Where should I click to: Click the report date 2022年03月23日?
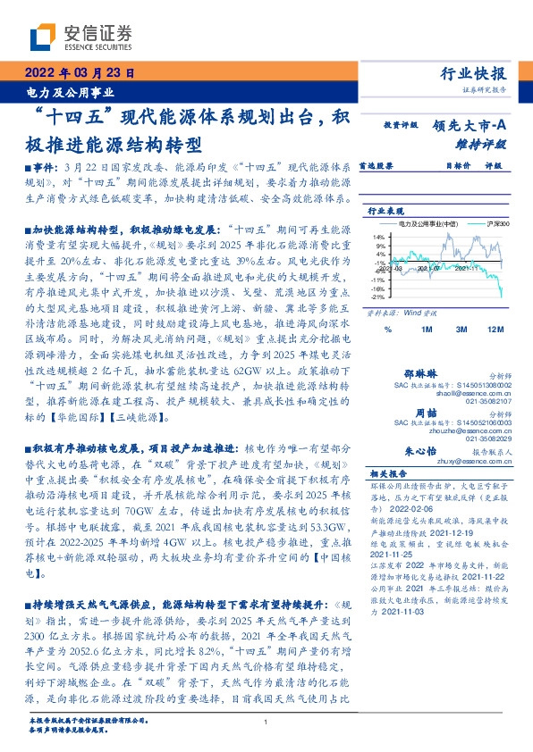(80, 75)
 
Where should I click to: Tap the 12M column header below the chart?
(495, 330)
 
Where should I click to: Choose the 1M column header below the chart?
(427, 330)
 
